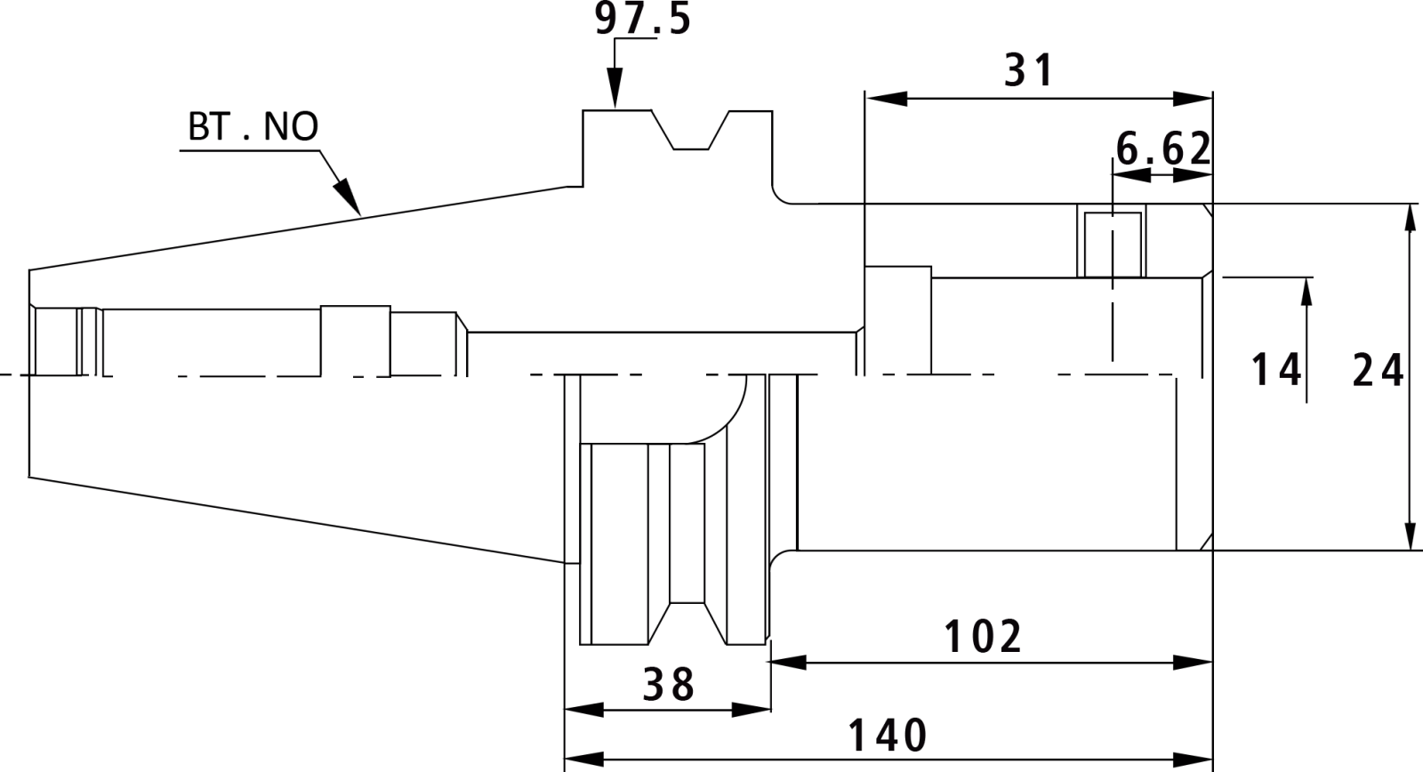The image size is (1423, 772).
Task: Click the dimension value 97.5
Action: [642, 19]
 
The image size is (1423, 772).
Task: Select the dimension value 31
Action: [1028, 70]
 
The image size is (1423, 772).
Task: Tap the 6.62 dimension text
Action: [1164, 149]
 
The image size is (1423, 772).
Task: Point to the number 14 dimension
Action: [1275, 370]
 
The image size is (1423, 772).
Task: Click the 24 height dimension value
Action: [1378, 370]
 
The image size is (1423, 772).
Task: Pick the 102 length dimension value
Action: [984, 636]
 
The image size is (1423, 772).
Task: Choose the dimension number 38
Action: [668, 684]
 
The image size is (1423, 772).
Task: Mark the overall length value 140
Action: [888, 736]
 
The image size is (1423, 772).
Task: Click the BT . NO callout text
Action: [253, 126]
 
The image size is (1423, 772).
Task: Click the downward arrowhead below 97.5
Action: [615, 88]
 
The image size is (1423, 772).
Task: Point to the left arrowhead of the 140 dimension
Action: [584, 759]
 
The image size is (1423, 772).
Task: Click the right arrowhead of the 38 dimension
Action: [752, 710]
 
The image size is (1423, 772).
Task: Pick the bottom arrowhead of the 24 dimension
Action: [1411, 530]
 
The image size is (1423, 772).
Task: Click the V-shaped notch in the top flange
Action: [690, 131]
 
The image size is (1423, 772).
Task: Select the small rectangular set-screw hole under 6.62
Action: [1113, 245]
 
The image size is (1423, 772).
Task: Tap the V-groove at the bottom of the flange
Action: [687, 623]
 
